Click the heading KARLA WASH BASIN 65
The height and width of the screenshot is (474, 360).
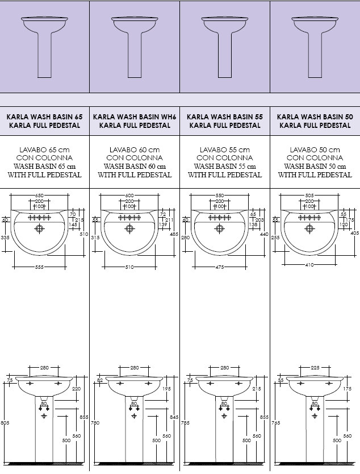44,117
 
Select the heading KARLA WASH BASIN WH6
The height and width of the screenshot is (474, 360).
135,117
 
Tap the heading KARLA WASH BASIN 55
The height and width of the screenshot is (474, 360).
224,117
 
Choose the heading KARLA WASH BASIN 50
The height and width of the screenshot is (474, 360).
315,117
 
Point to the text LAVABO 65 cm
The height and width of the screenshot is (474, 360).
44,150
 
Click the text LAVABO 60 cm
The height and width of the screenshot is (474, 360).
135,150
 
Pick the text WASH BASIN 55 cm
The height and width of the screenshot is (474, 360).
224,167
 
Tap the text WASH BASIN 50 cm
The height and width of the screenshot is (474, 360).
315,167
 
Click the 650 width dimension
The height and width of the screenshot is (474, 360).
39,196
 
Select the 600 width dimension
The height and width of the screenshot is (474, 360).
129,196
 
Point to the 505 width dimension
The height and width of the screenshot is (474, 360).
309,196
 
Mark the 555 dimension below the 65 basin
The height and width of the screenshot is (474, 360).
39,267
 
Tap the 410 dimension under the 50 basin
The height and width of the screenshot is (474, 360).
309,264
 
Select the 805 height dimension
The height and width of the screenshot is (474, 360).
5,422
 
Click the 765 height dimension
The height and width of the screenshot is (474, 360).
275,422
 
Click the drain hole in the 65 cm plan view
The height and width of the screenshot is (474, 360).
39,228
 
